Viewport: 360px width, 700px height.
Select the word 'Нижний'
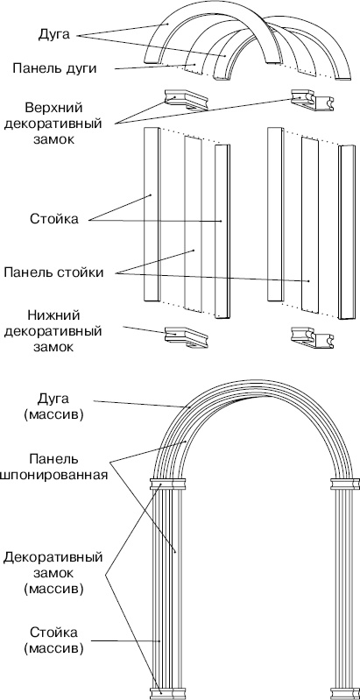click(x=53, y=315)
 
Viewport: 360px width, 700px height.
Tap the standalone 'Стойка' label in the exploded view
click(x=53, y=219)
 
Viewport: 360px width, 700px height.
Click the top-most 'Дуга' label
click(x=54, y=36)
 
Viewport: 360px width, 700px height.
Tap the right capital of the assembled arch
click(x=344, y=484)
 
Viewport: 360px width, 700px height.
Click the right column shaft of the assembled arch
click(x=344, y=587)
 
